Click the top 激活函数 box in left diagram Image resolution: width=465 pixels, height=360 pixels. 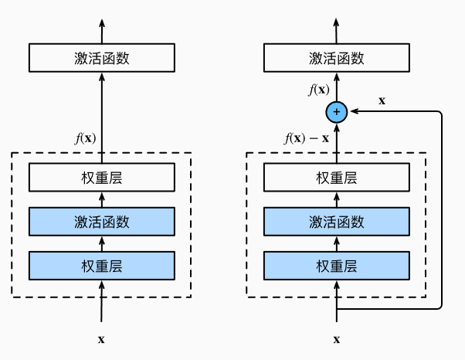click(x=101, y=58)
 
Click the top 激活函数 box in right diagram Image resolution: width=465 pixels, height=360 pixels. click(x=336, y=58)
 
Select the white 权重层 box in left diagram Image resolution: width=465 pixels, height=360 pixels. click(x=101, y=178)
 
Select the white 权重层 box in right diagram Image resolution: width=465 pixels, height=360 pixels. click(x=336, y=178)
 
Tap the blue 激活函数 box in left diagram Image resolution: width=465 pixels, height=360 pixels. click(x=101, y=222)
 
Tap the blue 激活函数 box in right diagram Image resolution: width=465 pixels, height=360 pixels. click(x=336, y=222)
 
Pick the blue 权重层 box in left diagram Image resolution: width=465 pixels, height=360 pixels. click(x=101, y=266)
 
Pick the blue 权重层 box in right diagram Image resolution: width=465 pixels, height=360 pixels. click(x=336, y=266)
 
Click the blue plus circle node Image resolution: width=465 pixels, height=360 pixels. click(x=336, y=112)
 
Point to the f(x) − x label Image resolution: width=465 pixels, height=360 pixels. click(x=307, y=139)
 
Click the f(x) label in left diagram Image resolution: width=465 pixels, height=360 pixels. click(x=86, y=139)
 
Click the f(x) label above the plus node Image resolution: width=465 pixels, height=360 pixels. click(x=319, y=90)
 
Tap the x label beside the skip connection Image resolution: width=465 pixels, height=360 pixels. click(x=382, y=100)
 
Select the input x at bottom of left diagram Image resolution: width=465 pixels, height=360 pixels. click(x=101, y=338)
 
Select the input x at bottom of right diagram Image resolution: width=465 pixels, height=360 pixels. click(x=336, y=338)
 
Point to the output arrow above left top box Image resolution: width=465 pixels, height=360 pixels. click(x=101, y=27)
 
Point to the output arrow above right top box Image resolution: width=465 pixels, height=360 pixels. click(x=336, y=27)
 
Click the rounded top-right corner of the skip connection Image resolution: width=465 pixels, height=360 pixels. click(x=439, y=115)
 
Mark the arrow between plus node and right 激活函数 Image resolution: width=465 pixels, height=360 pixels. click(x=336, y=87)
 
